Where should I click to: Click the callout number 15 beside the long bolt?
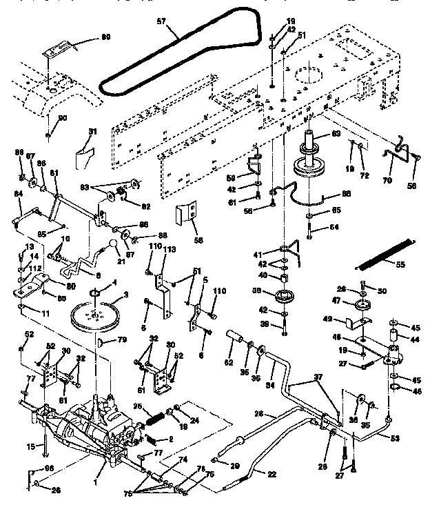(30, 447)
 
